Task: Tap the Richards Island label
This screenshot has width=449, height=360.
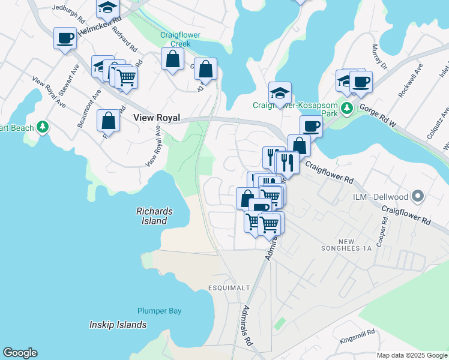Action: tap(154, 216)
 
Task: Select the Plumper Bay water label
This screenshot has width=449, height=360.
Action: tap(159, 311)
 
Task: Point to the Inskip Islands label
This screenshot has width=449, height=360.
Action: tap(118, 325)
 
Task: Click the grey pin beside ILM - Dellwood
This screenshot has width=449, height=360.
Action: tap(419, 196)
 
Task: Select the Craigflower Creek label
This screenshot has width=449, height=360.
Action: tap(175, 39)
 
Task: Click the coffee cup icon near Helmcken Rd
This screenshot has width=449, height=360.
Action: tap(65, 38)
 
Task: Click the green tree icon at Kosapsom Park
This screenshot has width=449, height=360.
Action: tap(346, 109)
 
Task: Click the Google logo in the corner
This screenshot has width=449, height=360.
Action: tap(20, 353)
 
